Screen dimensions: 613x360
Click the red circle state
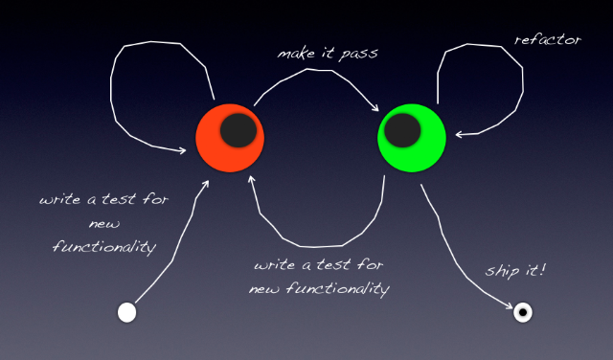point(230,138)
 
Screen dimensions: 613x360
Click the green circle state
point(412,138)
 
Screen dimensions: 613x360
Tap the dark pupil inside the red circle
point(238,130)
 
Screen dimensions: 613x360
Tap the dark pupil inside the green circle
point(402,130)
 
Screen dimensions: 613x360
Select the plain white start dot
point(127,313)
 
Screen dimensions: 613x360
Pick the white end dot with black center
point(523,312)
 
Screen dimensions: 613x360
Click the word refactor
point(548,39)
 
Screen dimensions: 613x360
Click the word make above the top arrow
point(296,54)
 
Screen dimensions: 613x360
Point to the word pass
point(358,55)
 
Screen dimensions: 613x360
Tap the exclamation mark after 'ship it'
point(542,269)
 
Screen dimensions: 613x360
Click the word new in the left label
point(104,224)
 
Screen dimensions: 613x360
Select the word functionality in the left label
point(104,248)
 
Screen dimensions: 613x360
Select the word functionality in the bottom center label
point(338,289)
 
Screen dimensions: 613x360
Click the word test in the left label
point(119,199)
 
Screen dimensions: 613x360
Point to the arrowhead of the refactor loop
point(460,135)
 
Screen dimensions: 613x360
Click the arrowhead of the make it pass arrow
point(375,107)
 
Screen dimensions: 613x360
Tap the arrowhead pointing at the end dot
point(509,305)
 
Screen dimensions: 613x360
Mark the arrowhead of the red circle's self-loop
point(182,150)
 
